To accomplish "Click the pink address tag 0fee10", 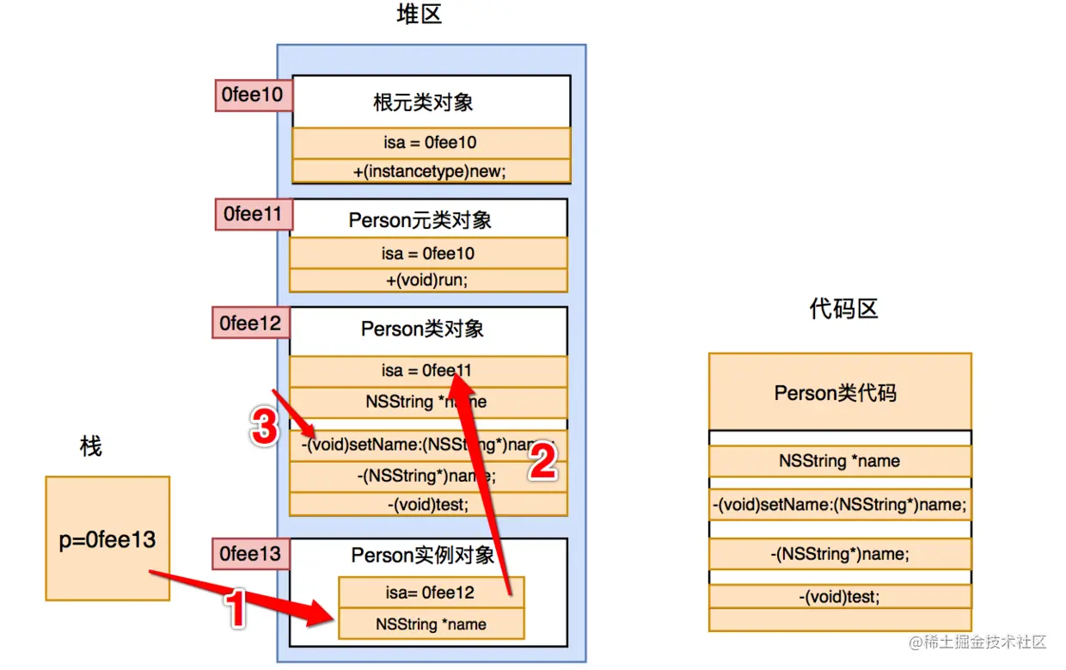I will click(252, 95).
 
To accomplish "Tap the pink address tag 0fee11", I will click(253, 213).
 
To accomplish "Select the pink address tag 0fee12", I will click(251, 323).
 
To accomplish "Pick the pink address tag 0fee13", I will click(250, 554).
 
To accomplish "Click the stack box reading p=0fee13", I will click(107, 538).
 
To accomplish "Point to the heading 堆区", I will click(420, 15).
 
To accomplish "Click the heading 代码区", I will click(843, 309).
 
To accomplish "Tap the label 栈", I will click(90, 446).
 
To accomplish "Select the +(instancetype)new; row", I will click(431, 171).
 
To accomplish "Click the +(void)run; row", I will click(428, 280).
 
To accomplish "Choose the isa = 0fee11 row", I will click(428, 371).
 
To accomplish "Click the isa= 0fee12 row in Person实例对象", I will click(431, 593).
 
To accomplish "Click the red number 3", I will click(265, 427).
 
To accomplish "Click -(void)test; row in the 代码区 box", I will click(839, 596).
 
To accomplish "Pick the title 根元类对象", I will click(423, 103).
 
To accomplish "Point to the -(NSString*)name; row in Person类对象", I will click(428, 476).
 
